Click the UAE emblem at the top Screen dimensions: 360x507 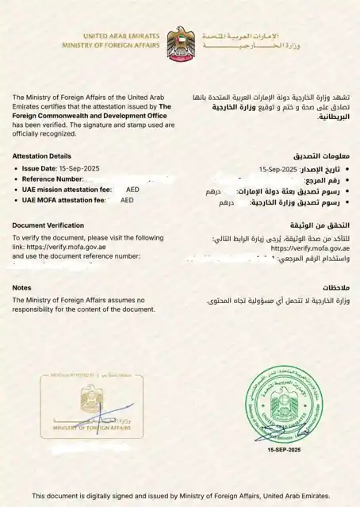tap(180, 41)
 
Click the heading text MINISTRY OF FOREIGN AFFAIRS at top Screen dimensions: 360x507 tap(111, 46)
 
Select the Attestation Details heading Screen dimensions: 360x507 tap(42, 156)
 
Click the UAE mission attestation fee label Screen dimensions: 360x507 tap(64, 190)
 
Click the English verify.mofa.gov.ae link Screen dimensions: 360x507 tap(62, 247)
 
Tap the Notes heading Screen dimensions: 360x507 tap(22, 287)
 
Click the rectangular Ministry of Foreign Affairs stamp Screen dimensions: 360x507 tap(92, 405)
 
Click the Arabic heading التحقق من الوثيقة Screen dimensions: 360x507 tap(319, 226)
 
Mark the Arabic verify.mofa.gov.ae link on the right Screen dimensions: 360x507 tap(306, 248)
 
